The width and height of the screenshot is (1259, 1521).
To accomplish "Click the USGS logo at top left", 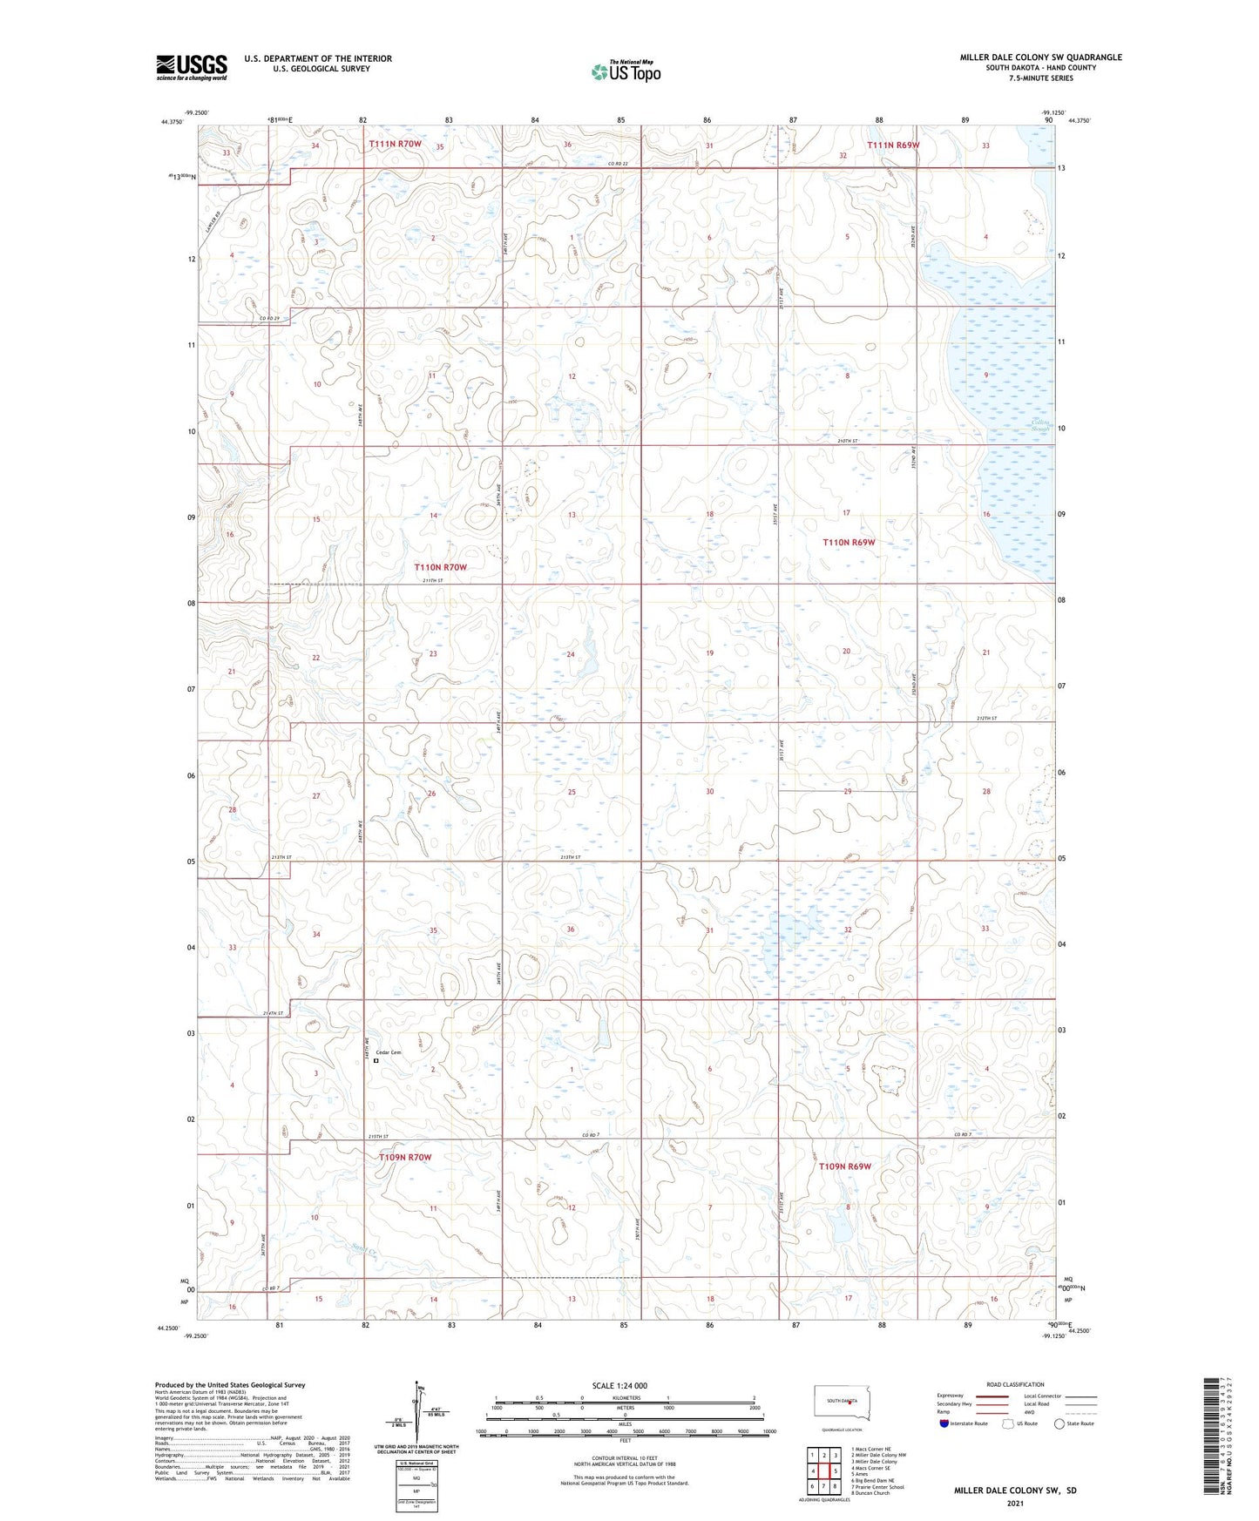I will point(192,67).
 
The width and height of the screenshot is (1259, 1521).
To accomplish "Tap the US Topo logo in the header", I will point(626,71).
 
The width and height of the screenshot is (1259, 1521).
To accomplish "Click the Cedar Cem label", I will point(389,1052).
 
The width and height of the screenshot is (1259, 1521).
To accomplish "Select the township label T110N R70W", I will point(440,567).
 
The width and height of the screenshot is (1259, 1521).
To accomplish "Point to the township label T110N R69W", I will point(849,542).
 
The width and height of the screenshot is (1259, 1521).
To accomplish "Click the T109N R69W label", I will point(844,1166).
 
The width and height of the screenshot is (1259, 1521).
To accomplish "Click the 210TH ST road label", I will point(848,442).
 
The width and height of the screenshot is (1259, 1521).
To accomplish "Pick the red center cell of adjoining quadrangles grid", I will point(823,1471).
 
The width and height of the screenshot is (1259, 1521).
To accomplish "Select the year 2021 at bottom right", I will point(1014,1503).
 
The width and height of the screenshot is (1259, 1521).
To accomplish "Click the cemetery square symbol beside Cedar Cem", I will point(376,1061).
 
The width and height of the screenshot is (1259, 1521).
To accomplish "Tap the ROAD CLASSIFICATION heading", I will point(1015,1385).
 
